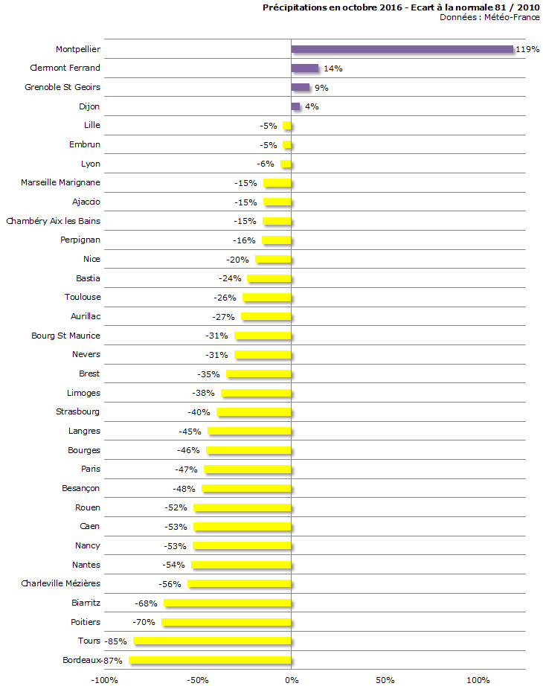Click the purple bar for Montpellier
click(402, 49)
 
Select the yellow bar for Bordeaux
click(210, 660)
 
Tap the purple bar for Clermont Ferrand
click(304, 68)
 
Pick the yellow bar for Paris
click(248, 469)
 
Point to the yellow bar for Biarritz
click(228, 603)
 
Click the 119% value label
click(527, 50)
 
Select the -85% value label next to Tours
click(115, 641)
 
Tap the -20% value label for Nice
click(238, 260)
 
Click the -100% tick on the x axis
click(103, 679)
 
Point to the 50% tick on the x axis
click(385, 679)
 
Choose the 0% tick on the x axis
click(291, 679)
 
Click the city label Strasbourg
click(78, 411)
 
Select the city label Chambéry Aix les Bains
click(53, 221)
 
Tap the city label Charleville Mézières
click(60, 583)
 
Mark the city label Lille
click(92, 125)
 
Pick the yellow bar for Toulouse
click(267, 298)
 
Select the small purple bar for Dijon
click(295, 106)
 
